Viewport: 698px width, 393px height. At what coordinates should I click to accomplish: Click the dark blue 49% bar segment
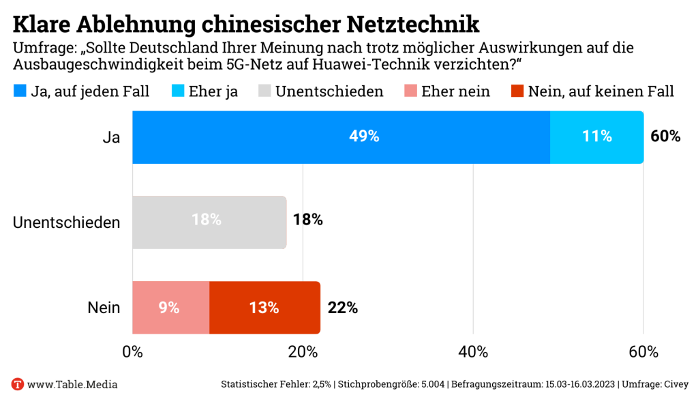click(x=341, y=137)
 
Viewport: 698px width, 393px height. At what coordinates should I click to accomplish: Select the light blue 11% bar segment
click(x=596, y=137)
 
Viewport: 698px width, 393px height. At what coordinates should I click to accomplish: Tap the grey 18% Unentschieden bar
click(x=209, y=222)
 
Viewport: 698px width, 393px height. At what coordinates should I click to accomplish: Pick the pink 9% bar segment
click(x=170, y=308)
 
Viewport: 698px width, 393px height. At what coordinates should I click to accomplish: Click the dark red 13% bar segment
click(x=264, y=308)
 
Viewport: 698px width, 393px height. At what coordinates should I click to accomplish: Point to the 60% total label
click(x=665, y=136)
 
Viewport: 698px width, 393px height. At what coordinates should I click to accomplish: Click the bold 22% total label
click(x=342, y=308)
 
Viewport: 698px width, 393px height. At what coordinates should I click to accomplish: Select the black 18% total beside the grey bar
click(x=307, y=220)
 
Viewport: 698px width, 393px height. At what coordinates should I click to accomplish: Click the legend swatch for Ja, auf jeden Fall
click(x=20, y=91)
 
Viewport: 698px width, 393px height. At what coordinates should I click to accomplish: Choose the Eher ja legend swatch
click(x=176, y=91)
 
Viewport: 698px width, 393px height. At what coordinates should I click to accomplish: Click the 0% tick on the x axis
click(x=132, y=353)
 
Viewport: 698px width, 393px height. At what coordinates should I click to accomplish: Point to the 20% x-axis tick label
click(x=303, y=353)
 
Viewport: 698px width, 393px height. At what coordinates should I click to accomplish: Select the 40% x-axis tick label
click(x=473, y=353)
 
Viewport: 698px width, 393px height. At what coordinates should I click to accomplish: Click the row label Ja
click(x=111, y=137)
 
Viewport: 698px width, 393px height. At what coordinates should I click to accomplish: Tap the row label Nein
click(x=104, y=308)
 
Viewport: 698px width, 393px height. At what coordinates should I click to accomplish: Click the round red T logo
click(x=18, y=384)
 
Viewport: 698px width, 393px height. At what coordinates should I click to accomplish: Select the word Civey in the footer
click(x=674, y=384)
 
